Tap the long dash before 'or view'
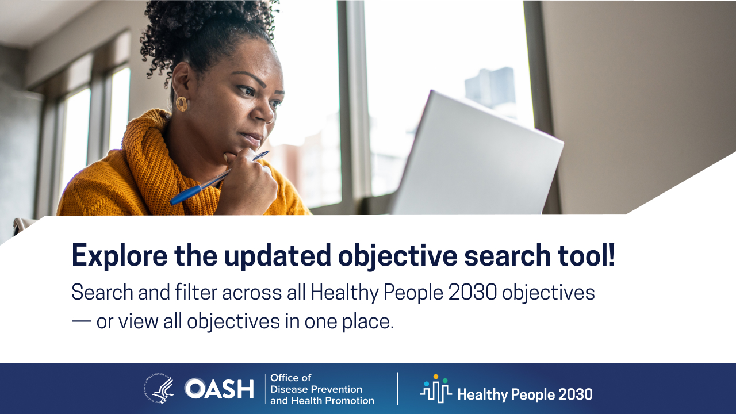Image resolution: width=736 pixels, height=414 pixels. [82, 321]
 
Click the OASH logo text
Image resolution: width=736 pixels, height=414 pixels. [219, 389]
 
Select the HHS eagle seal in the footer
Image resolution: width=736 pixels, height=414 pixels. [159, 388]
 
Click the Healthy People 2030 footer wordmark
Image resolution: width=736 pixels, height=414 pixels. [525, 394]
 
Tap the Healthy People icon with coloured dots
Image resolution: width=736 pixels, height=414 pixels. [436, 389]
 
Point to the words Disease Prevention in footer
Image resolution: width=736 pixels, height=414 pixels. [316, 389]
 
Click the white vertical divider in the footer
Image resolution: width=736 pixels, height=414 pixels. [397, 389]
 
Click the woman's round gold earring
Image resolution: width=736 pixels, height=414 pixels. [181, 104]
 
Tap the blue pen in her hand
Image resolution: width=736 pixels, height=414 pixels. [219, 178]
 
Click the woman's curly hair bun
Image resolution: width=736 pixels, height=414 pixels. [207, 26]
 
